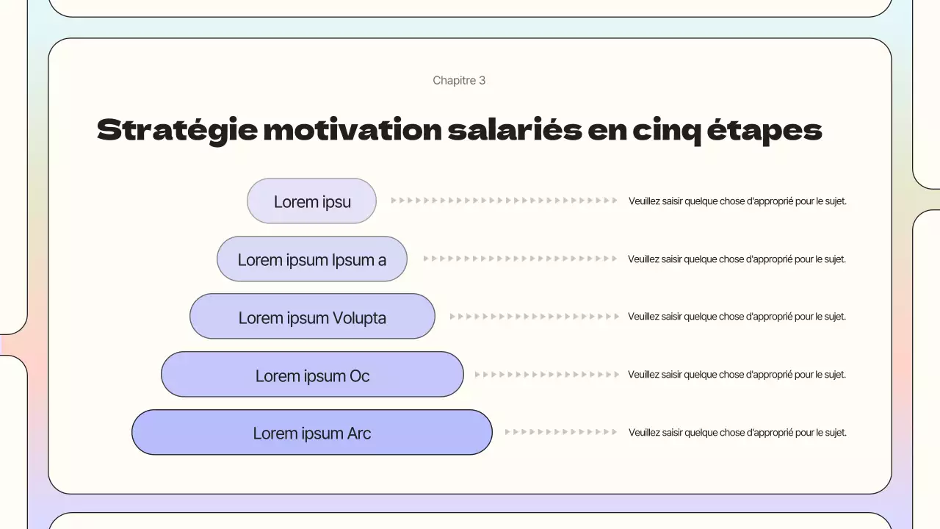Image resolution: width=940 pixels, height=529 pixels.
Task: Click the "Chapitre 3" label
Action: click(459, 80)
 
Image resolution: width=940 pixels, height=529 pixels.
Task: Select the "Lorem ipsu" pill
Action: click(311, 201)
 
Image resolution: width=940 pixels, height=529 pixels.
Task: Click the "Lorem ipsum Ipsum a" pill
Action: click(311, 259)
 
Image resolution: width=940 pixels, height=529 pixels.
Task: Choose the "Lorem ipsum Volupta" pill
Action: click(312, 317)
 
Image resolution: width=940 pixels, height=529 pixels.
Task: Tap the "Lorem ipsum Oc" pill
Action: click(312, 375)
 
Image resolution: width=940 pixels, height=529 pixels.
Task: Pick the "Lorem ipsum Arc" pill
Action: click(311, 433)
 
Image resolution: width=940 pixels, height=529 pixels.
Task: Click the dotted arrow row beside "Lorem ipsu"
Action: click(504, 200)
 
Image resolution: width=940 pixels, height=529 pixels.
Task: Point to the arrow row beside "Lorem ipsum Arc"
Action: click(561, 432)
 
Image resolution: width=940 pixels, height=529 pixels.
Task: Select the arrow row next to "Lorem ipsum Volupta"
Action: click(535, 317)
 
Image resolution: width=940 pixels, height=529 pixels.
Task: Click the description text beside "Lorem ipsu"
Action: click(737, 201)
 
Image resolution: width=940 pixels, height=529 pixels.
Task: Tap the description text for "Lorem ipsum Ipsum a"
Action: click(737, 259)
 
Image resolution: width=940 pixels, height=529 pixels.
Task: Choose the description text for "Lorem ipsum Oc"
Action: click(737, 375)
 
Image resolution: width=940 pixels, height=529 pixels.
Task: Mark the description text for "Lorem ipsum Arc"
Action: click(737, 433)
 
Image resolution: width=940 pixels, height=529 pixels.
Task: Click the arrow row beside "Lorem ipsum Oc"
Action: click(547, 375)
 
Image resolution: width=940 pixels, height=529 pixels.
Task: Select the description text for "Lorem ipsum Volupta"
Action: click(737, 317)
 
